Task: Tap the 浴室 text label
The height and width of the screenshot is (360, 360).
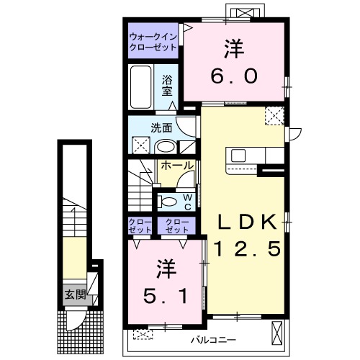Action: (166, 86)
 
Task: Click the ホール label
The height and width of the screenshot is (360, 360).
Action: (176, 166)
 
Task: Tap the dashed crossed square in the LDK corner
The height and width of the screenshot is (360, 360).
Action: (274, 116)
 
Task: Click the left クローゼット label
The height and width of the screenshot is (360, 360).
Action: (140, 225)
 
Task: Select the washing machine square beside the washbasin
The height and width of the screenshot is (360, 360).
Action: (141, 147)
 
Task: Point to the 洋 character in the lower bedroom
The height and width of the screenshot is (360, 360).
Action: (164, 267)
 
